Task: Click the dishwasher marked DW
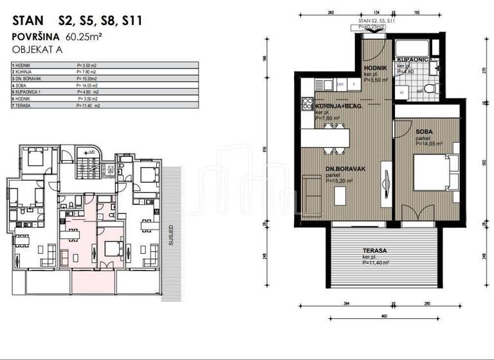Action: pyautogui.click(x=340, y=84)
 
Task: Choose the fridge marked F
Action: pyautogui.click(x=354, y=84)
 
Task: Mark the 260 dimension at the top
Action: pyautogui.click(x=331, y=12)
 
